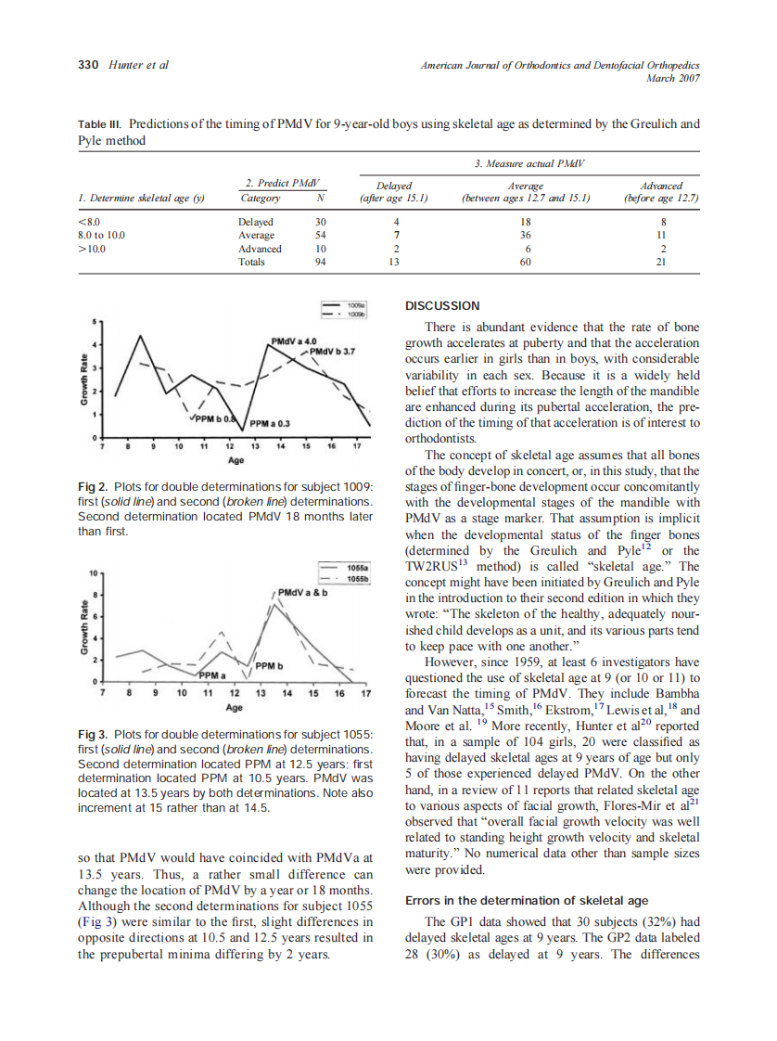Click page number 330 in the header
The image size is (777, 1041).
coord(87,65)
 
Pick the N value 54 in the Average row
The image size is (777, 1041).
coord(321,236)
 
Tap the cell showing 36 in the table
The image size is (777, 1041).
coord(526,236)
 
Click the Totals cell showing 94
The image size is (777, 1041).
coord(321,262)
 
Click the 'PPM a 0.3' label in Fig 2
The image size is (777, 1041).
coord(271,423)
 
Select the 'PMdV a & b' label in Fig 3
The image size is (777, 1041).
coord(304,592)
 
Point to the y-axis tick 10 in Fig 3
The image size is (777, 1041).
coord(92,572)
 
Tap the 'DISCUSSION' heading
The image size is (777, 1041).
coord(443,305)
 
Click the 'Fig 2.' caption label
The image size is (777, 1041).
coord(93,487)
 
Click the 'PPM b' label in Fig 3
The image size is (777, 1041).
coord(269,665)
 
